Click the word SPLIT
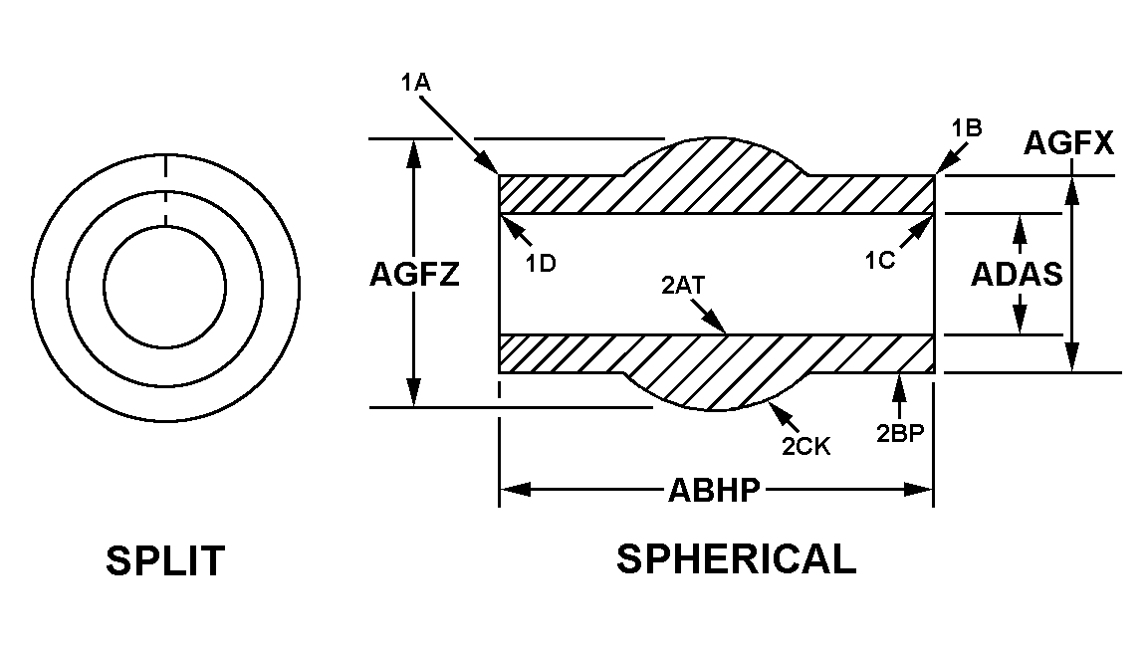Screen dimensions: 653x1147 click(x=165, y=562)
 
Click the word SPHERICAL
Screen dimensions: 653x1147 click(x=736, y=559)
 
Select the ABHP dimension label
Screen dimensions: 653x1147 click(x=715, y=490)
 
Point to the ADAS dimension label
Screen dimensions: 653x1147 click(x=1017, y=274)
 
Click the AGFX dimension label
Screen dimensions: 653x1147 click(x=1068, y=145)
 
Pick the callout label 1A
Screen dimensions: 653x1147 click(x=415, y=84)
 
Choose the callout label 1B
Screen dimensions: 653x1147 click(x=967, y=126)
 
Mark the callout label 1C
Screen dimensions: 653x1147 click(x=881, y=262)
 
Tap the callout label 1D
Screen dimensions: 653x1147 click(x=541, y=263)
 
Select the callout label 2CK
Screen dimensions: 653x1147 click(x=805, y=446)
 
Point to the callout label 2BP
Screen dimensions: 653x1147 click(x=900, y=434)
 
